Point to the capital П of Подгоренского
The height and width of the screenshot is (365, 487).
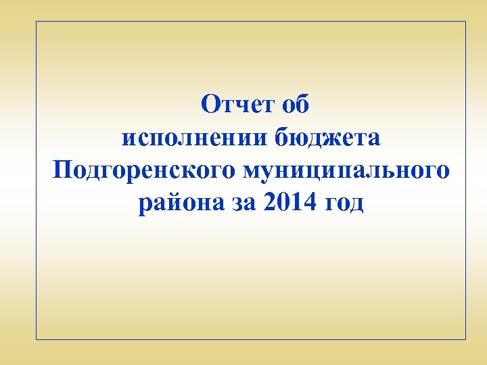[x=62, y=170]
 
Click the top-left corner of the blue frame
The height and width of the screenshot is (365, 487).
[x=36, y=22]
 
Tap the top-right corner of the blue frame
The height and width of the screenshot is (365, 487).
[x=466, y=22]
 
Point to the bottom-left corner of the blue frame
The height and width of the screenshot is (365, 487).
[x=36, y=339]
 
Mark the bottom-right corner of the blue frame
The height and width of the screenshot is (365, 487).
[x=466, y=339]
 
